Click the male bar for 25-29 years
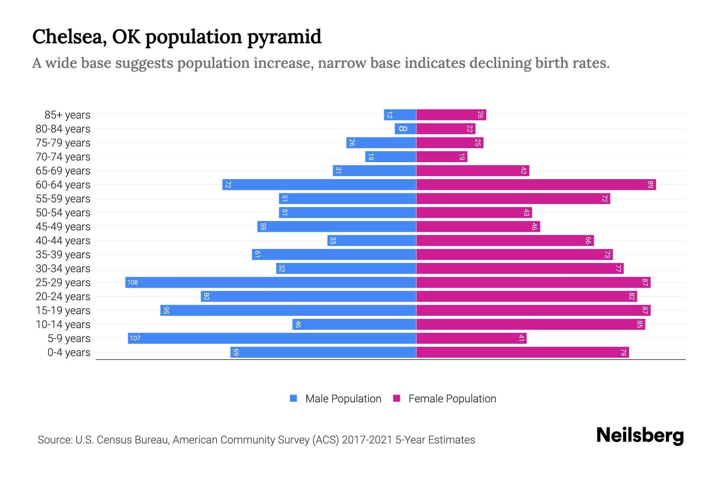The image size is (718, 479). pyautogui.click(x=270, y=283)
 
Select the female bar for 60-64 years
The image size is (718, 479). pyautogui.click(x=536, y=185)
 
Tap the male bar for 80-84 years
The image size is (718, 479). pyautogui.click(x=406, y=129)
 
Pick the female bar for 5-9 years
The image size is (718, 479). pyautogui.click(x=471, y=338)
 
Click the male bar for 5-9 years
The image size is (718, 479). pyautogui.click(x=272, y=338)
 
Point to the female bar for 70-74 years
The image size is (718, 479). pyautogui.click(x=442, y=157)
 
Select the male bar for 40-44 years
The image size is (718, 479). pyautogui.click(x=372, y=241)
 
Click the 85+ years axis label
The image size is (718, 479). pyautogui.click(x=67, y=115)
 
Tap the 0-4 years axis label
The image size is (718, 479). pyautogui.click(x=69, y=352)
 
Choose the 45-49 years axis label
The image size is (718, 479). pyautogui.click(x=63, y=227)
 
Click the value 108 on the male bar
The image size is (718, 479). pyautogui.click(x=132, y=283)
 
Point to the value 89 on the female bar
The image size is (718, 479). pyautogui.click(x=651, y=185)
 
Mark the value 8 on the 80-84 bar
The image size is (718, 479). pyautogui.click(x=403, y=129)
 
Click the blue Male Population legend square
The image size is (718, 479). pyautogui.click(x=294, y=398)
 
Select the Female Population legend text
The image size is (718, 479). pyautogui.click(x=452, y=399)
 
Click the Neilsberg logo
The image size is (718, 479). pyautogui.click(x=640, y=435)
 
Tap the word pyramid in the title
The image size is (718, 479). pyautogui.click(x=284, y=37)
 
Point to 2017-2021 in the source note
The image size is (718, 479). pyautogui.click(x=367, y=440)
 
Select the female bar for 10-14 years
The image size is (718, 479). pyautogui.click(x=531, y=325)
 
